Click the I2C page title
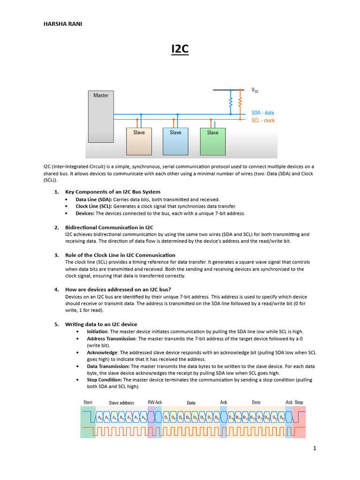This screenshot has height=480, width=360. [180, 49]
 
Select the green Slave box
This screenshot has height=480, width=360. [213, 141]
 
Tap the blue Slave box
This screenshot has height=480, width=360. [175, 141]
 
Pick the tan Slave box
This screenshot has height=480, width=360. [139, 141]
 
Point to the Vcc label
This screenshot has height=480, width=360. [256, 90]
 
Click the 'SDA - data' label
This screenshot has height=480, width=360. [262, 113]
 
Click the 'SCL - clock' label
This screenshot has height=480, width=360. [262, 120]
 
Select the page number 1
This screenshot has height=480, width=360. [315, 449]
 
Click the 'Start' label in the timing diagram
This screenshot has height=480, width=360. [88, 402]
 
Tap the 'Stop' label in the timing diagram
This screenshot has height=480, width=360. [299, 402]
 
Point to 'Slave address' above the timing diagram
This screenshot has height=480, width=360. [121, 403]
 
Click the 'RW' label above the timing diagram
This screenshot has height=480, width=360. [151, 402]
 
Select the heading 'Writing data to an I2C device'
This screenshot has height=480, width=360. [101, 324]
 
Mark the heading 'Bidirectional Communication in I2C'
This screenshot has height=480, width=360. [109, 227]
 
